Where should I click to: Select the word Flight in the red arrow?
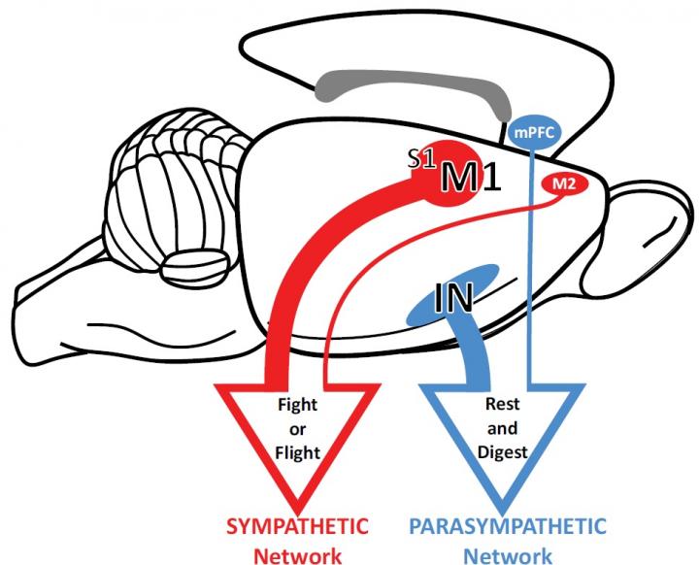pyautogui.click(x=297, y=451)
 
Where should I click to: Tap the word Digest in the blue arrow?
pyautogui.click(x=502, y=451)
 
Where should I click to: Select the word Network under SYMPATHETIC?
pyautogui.click(x=297, y=554)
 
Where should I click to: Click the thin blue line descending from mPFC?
pyautogui.click(x=531, y=272)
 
